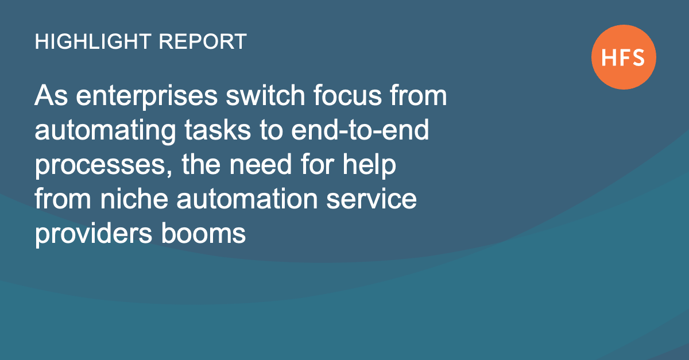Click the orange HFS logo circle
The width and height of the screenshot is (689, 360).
(624, 57)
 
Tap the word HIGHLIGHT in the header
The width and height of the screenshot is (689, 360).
(93, 41)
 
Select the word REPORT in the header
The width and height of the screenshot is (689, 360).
(203, 41)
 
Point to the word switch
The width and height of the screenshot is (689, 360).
(265, 95)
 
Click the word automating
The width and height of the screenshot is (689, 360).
(105, 131)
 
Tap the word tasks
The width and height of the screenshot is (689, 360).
(218, 130)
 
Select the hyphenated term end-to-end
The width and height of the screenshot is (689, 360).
(360, 130)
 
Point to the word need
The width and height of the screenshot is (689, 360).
(261, 164)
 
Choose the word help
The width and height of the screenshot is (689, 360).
(369, 165)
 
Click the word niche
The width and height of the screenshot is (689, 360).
(134, 199)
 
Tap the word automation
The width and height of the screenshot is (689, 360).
(247, 199)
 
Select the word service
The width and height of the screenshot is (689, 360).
(371, 199)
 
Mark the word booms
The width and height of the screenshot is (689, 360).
(203, 233)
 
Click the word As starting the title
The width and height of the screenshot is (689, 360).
(51, 95)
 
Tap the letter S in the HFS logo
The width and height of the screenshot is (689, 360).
(637, 57)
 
